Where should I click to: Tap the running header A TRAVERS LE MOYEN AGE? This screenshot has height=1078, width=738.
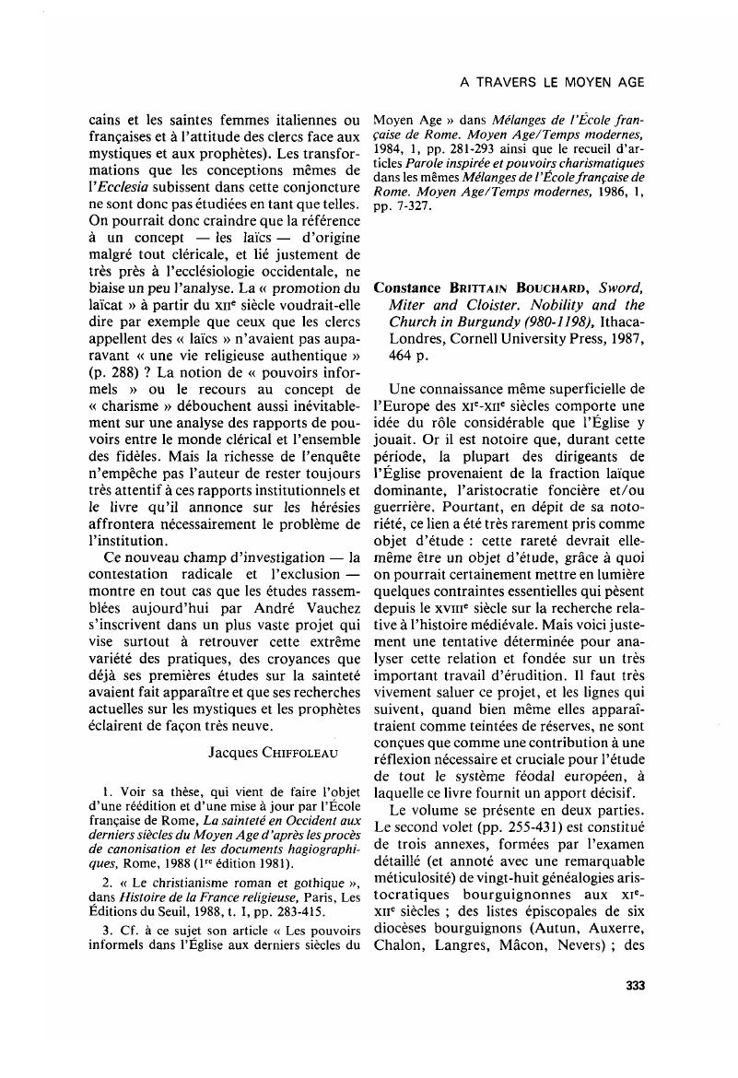point(551,82)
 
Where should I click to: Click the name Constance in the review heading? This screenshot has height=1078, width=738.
point(408,287)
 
